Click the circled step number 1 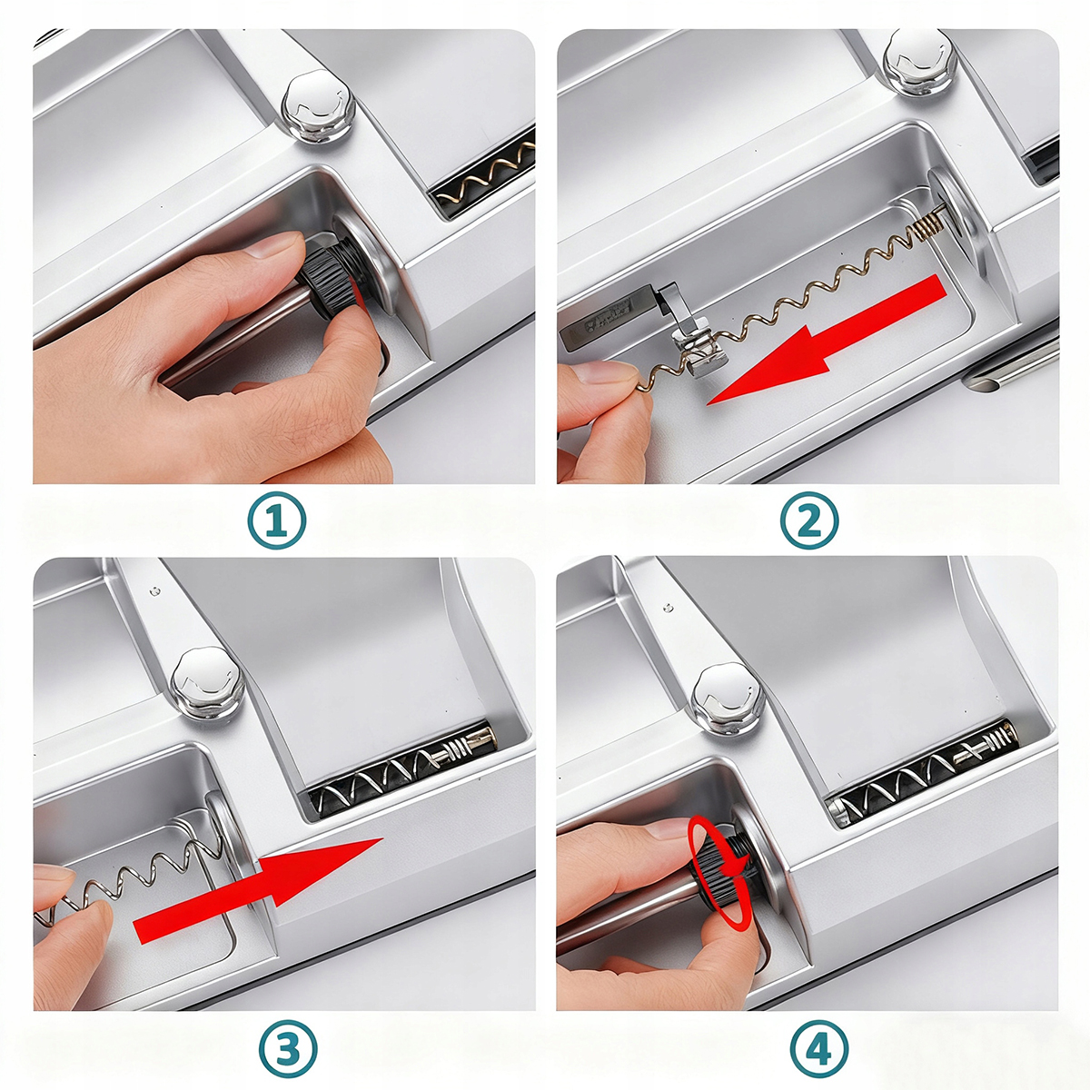pyautogui.click(x=277, y=520)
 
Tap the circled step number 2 pyautogui.click(x=809, y=520)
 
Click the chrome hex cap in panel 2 pyautogui.click(x=920, y=63)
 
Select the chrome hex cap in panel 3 pyautogui.click(x=208, y=682)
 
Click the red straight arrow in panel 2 pyautogui.click(x=827, y=340)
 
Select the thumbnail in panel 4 pyautogui.click(x=672, y=828)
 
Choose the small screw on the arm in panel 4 pyautogui.click(x=668, y=608)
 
